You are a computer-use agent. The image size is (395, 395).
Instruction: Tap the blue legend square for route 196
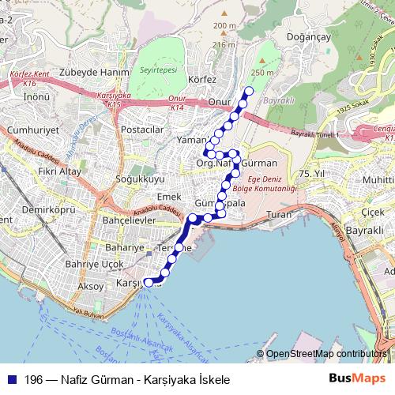click(10, 380)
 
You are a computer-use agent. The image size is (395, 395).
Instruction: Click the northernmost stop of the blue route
click(250, 90)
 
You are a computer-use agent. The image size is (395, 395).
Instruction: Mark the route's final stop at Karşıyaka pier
click(148, 282)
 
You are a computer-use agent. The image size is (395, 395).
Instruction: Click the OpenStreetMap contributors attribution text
click(324, 355)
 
